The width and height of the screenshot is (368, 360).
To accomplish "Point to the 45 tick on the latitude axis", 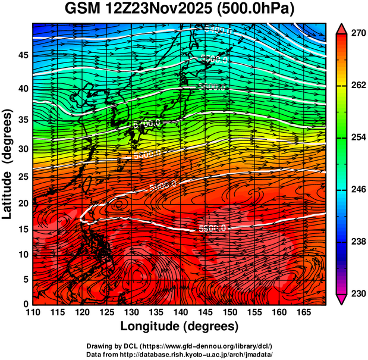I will click(23, 55).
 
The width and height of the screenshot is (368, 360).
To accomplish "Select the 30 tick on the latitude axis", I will click(23, 149).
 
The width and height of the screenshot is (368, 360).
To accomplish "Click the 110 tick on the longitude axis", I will click(33, 312).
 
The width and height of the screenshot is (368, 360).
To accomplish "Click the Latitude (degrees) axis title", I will click(8, 164).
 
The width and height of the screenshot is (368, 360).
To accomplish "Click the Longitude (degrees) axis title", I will click(180, 327).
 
